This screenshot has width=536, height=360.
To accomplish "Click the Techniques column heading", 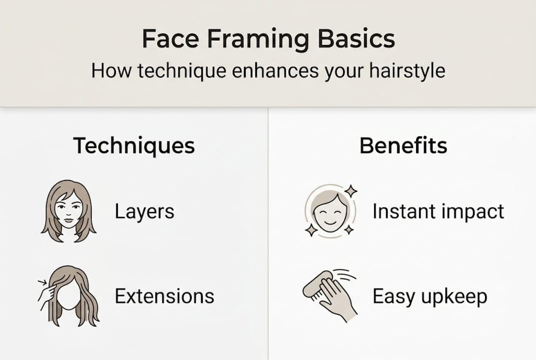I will [x=134, y=145].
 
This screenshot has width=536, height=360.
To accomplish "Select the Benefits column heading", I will [x=403, y=145].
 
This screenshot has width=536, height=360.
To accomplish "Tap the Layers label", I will [x=144, y=211].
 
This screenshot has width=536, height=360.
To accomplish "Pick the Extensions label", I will [x=164, y=296].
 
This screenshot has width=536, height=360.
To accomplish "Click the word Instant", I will [x=404, y=211].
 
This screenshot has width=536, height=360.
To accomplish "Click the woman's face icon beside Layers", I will [x=68, y=210].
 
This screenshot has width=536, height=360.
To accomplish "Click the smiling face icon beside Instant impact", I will [x=330, y=210].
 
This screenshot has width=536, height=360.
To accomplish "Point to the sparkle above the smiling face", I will [x=351, y=190].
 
